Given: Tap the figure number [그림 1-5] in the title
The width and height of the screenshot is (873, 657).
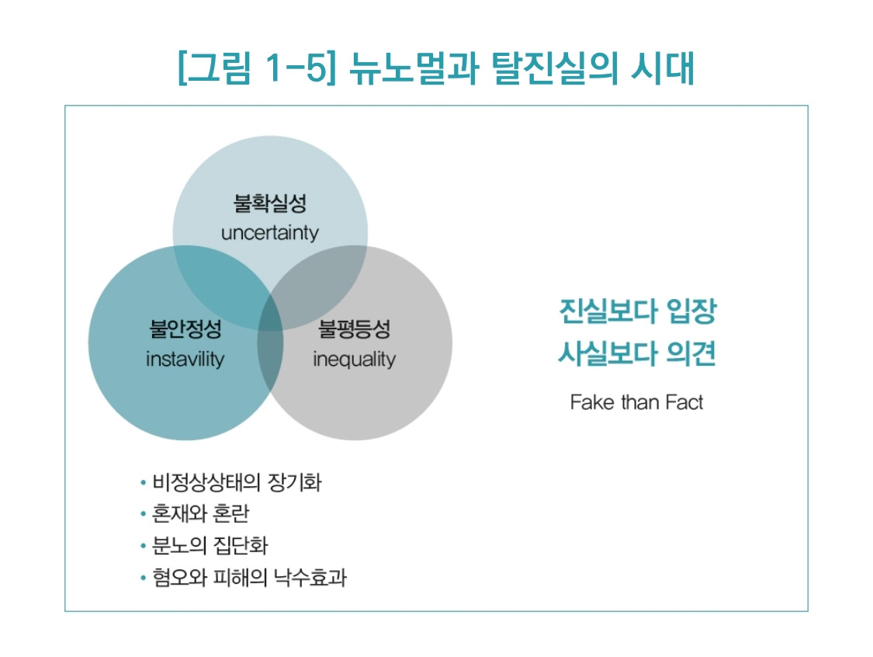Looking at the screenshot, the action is pos(257,68).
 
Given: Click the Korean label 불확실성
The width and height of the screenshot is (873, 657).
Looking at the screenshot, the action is pos(269,204).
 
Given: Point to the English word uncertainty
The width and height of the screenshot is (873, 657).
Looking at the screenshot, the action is pos(269,233).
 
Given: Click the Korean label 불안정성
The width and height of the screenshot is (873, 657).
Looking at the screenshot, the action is pos(185,330).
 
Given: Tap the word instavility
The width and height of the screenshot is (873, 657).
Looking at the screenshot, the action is pos(185,360).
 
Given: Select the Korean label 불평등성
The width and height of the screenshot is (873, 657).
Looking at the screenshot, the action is pos(354,330).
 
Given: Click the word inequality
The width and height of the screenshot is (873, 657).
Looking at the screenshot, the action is pos(354,360).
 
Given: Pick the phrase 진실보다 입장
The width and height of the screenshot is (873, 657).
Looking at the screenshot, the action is pos(636,313).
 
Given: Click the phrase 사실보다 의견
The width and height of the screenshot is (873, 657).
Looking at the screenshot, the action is pos(636,355).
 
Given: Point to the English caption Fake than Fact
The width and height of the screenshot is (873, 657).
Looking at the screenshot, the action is pos(636,402).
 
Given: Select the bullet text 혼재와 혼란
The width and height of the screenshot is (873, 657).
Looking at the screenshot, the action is pos(200,515).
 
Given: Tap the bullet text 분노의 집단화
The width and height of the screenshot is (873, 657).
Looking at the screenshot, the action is pos(210,546).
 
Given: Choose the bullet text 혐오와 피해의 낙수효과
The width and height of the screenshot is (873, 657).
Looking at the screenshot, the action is pos(248,578).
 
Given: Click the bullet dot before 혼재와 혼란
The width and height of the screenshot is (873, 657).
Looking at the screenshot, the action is pos(143,515).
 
